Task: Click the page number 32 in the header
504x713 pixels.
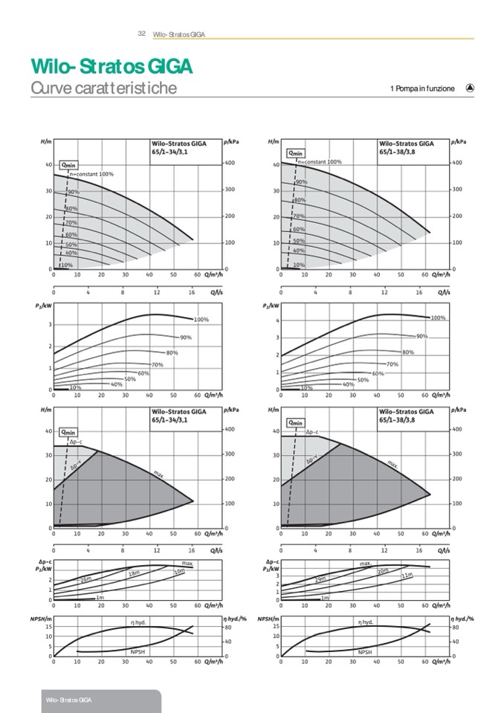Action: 141,33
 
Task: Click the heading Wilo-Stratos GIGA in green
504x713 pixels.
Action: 112,67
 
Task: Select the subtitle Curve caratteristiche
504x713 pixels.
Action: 103,88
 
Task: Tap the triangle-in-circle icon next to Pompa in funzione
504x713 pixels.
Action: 470,88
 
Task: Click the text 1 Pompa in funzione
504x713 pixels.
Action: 421,89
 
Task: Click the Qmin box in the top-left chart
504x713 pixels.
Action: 68,164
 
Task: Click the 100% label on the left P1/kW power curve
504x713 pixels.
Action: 201,320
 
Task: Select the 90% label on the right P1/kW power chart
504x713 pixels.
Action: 421,336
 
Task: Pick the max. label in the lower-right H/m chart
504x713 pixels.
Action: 392,463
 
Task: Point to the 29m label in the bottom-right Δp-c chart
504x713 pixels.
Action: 320,578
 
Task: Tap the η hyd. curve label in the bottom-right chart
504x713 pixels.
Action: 366,622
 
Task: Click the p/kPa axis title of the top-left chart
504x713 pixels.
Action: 230,141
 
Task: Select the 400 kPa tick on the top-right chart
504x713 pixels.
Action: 458,163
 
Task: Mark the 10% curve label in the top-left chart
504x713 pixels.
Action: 67,265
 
